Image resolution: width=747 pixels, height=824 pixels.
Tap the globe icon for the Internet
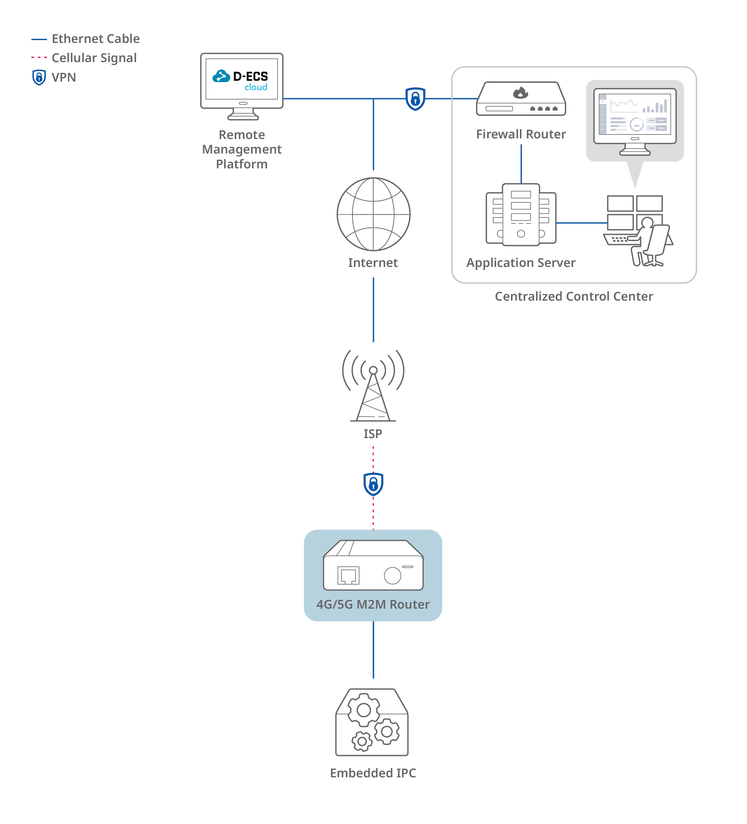click(373, 214)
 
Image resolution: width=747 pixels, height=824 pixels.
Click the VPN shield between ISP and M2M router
click(373, 484)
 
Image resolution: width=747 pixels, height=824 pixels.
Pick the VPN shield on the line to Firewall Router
click(415, 99)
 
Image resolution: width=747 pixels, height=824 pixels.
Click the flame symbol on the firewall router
click(520, 93)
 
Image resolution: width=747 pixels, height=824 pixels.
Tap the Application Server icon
click(521, 215)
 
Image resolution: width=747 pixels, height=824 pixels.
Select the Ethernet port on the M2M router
click(348, 576)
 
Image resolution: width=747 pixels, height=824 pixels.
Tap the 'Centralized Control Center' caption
click(574, 296)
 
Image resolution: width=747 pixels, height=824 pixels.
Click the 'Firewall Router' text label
click(521, 134)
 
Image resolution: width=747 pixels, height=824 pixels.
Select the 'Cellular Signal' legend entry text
click(94, 58)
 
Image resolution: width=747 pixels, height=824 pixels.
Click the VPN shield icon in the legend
click(39, 77)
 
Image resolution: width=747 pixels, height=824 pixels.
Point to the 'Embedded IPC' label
click(373, 773)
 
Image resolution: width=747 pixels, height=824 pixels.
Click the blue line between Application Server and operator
click(582, 223)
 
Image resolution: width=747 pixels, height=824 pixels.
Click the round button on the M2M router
click(393, 576)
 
